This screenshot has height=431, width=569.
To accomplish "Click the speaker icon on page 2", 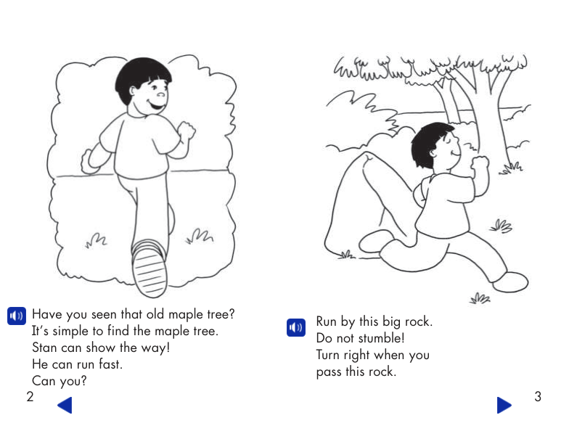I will point(16,316).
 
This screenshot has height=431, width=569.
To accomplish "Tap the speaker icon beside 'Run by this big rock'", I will point(295,328).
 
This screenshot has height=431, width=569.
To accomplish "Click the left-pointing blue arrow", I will point(65,405).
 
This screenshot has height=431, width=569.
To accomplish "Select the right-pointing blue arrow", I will point(504,405).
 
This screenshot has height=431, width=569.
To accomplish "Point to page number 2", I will point(30,397).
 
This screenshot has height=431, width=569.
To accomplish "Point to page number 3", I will point(537,397).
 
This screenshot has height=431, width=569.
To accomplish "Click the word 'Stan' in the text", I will point(45,348).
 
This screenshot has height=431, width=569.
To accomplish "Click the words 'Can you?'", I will point(54,381).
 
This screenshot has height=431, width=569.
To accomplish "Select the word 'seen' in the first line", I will point(107,315).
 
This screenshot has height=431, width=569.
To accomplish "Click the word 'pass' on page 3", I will point(331,372).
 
